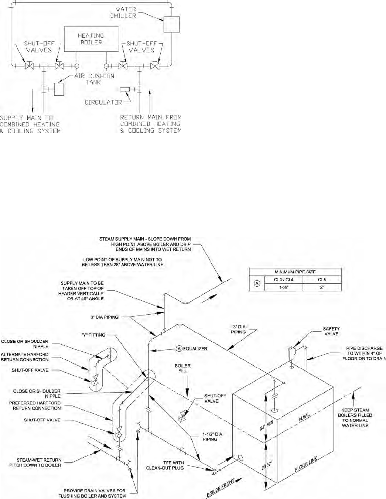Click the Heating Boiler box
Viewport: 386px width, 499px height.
click(91, 39)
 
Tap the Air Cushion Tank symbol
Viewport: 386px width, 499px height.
click(59, 89)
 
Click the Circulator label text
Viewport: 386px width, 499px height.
click(103, 102)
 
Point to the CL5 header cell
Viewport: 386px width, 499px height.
click(322, 280)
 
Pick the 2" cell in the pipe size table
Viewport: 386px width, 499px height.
click(322, 287)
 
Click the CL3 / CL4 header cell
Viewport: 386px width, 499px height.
click(284, 280)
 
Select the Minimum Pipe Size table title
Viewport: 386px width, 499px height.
click(295, 272)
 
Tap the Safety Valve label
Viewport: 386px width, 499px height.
click(331, 331)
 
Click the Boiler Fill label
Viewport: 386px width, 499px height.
click(183, 368)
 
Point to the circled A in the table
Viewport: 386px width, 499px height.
click(257, 284)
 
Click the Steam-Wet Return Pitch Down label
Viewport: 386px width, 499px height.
click(35, 462)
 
